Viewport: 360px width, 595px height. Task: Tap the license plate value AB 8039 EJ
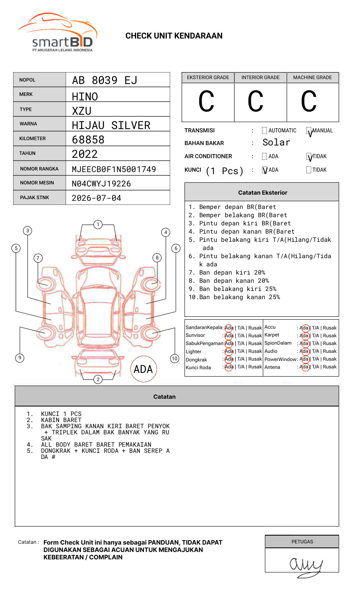pyautogui.click(x=105, y=80)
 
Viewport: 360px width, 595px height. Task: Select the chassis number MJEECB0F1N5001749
pyautogui.click(x=114, y=169)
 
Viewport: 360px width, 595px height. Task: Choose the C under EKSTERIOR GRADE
pyautogui.click(x=206, y=102)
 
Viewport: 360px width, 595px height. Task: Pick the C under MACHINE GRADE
pyautogui.click(x=309, y=102)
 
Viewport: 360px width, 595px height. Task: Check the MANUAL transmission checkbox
pyautogui.click(x=309, y=131)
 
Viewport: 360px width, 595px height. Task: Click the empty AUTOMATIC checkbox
pyautogui.click(x=264, y=131)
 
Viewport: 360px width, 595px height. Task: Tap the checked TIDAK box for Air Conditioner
pyautogui.click(x=309, y=157)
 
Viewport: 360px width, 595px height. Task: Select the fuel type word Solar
pyautogui.click(x=276, y=143)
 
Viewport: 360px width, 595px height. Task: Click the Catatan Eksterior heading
pyautogui.click(x=262, y=193)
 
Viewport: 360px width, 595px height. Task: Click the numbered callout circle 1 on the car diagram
pyautogui.click(x=98, y=225)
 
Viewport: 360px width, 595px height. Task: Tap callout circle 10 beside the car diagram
pyautogui.click(x=175, y=359)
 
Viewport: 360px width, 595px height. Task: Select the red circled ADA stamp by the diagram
pyautogui.click(x=143, y=369)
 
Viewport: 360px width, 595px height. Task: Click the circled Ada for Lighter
pyautogui.click(x=229, y=351)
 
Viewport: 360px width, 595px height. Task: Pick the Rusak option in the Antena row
pyautogui.click(x=330, y=367)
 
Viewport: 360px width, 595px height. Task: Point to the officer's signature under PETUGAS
pyautogui.click(x=305, y=565)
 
